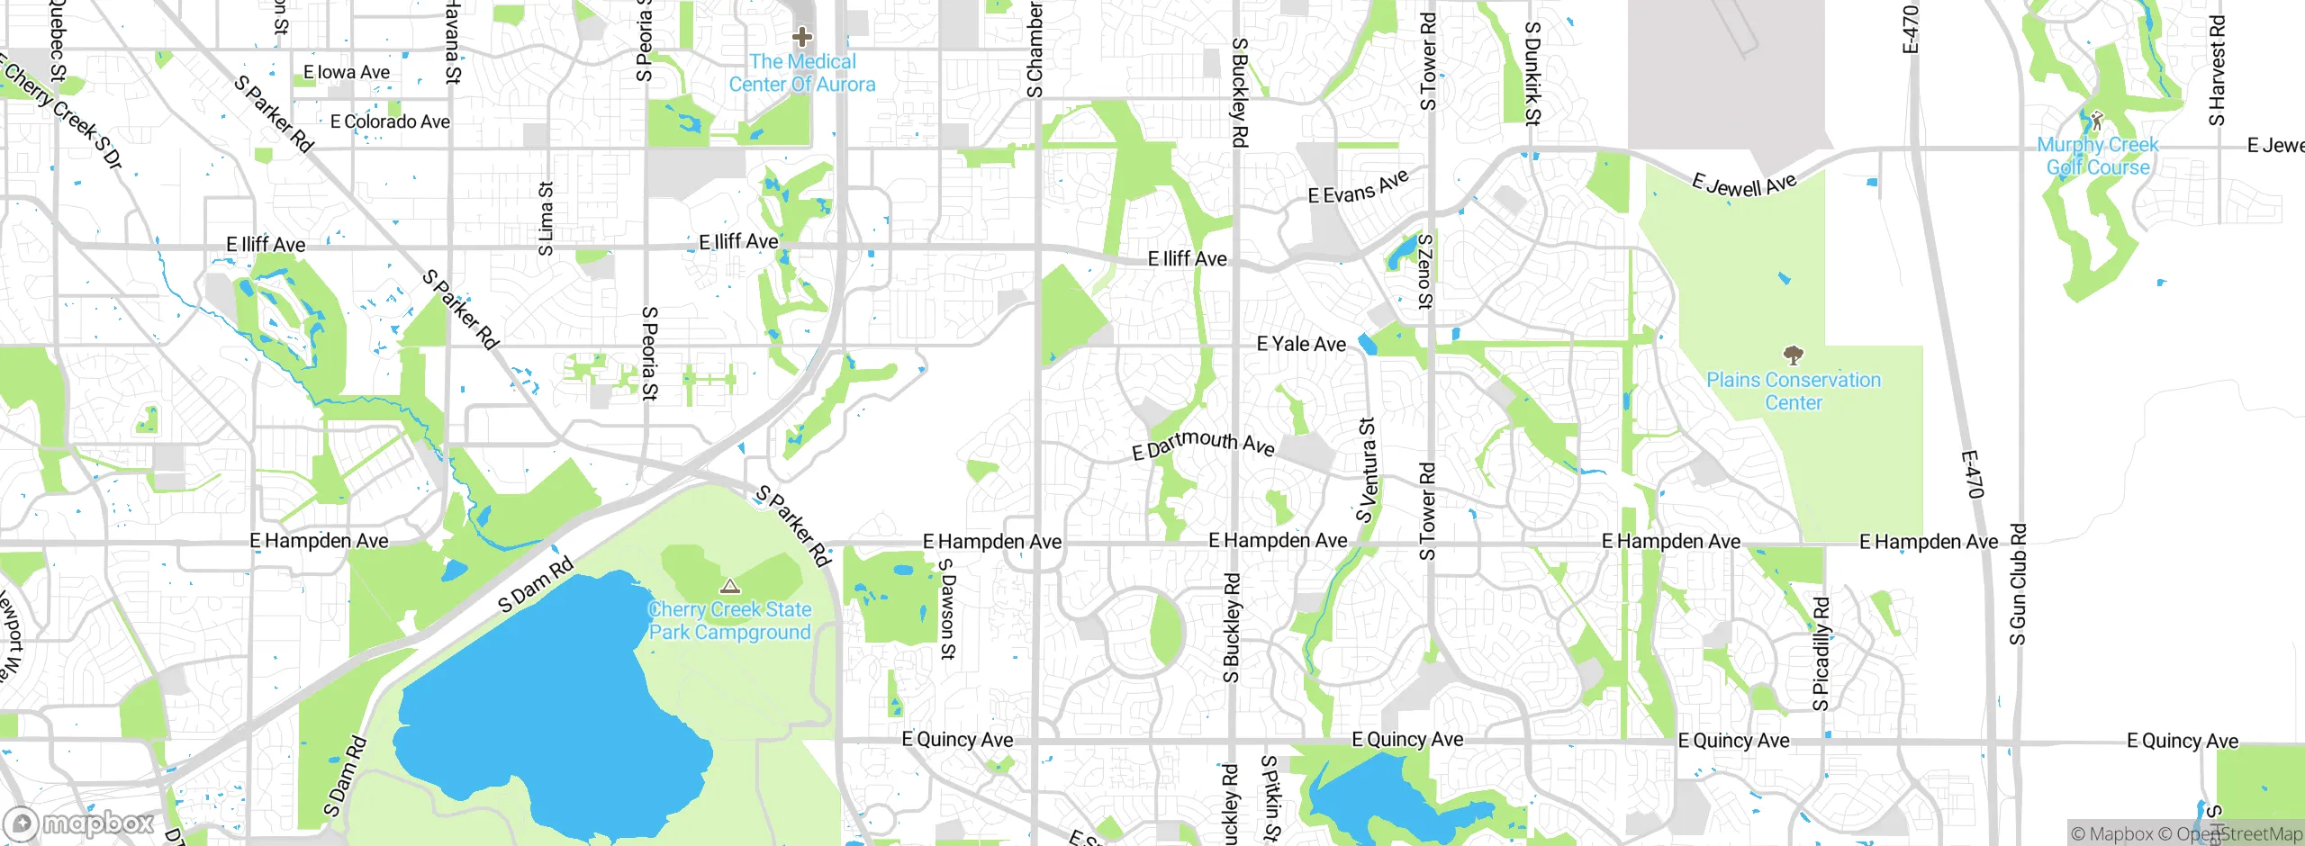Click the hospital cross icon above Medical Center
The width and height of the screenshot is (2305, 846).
coord(802,37)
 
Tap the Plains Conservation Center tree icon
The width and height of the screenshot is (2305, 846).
coord(1793,354)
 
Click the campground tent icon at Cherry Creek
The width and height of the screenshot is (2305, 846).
coord(730,586)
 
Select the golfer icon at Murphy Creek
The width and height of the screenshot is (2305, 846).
coord(2097,120)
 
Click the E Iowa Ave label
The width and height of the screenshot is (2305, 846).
coord(347,72)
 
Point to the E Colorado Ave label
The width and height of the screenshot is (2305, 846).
coord(390,121)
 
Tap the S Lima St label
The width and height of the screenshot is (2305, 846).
coord(546,219)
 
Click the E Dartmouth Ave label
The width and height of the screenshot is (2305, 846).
coord(1203,444)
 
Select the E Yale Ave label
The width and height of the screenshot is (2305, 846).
coord(1301,344)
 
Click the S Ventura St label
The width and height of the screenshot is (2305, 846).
coord(1368,470)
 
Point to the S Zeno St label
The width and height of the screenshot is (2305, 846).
coord(1424,271)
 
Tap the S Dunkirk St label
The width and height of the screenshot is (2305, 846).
coord(1532,73)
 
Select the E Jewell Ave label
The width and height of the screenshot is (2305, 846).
coord(1744,184)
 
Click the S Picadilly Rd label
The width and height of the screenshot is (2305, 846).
coord(1821,653)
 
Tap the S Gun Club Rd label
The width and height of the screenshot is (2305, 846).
coord(2018,584)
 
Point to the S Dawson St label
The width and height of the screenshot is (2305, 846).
coord(946,608)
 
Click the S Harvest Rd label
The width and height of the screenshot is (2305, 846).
coord(2217,70)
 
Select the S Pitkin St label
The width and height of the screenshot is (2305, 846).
coord(1270,798)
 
